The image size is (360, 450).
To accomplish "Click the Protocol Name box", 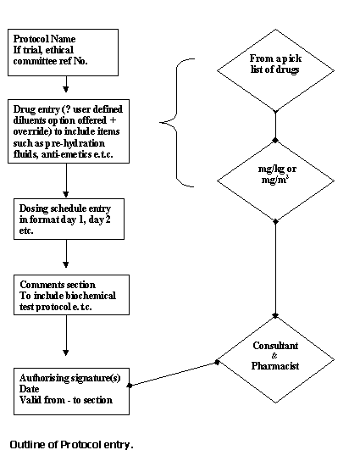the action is pos(64,53).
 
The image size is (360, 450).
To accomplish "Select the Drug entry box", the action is pos(69,131).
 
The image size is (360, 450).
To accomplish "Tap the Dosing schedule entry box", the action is pos(69,219).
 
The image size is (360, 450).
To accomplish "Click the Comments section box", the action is pos(71,295).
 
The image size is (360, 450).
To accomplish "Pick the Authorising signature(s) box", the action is pos(71,392).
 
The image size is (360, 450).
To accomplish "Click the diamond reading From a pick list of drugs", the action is pos(275,70).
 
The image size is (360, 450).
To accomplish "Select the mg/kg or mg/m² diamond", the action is pos(275,181).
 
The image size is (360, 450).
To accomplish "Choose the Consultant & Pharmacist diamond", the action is pos(275,359).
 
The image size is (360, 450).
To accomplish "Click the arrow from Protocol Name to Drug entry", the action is pos(66,84).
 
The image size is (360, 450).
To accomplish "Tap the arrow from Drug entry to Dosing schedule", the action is pos(66,181).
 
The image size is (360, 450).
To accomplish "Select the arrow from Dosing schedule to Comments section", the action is pos(66,253).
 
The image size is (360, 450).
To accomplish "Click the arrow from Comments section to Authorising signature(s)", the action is pos(66,336).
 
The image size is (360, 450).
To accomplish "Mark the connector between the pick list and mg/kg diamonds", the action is pos(275,126).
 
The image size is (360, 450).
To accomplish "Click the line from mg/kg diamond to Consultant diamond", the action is pos(275,269).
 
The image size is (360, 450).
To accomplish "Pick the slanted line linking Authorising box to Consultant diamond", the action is pos(174,374).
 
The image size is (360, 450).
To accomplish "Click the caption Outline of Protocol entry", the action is pos(72,445).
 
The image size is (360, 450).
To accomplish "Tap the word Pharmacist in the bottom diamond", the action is pos(275,366).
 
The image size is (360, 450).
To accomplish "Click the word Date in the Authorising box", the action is pos(30,389).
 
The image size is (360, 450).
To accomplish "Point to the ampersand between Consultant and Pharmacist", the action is pos(274,356).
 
